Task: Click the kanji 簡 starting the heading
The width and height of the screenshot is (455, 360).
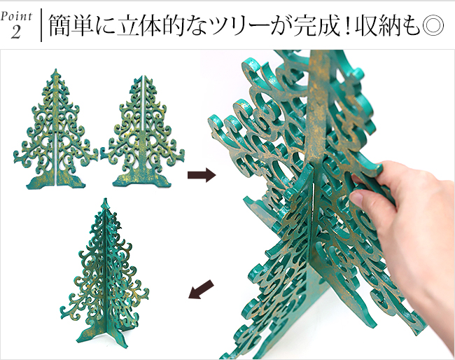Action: (x=60, y=27)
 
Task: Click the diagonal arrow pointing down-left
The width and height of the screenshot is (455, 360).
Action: (x=201, y=289)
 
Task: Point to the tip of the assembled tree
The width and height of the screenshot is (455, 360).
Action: (x=105, y=202)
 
